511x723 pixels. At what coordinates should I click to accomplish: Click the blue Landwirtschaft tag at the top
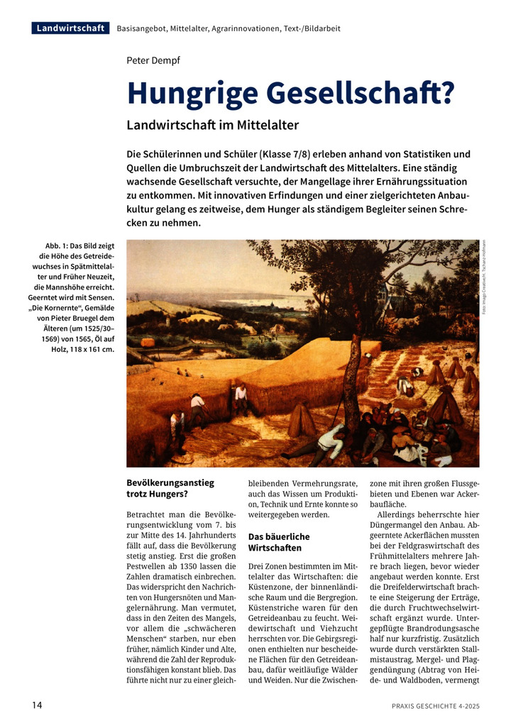coord(70,28)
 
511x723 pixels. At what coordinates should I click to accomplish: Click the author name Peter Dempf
coord(153,60)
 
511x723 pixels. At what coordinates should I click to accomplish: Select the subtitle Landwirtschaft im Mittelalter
coord(212,125)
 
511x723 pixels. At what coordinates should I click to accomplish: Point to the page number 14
coord(38,705)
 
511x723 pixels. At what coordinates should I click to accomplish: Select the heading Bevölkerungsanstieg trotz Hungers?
coord(170,487)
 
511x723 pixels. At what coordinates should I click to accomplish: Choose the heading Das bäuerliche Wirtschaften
coord(279,542)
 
